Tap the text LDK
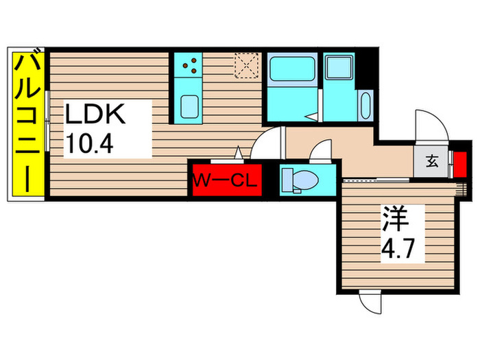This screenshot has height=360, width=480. (x=95, y=113)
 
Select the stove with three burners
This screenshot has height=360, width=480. (x=190, y=66)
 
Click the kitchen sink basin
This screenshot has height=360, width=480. (x=190, y=107)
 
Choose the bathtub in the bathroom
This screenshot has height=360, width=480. (x=289, y=70)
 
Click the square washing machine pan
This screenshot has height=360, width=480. (x=337, y=68)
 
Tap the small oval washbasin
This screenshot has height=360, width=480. (x=364, y=107)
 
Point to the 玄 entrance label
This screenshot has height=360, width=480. (x=432, y=162)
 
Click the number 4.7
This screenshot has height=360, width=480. (x=396, y=248)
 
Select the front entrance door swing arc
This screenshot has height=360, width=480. (x=431, y=128)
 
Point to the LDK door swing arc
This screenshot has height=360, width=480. (x=266, y=143)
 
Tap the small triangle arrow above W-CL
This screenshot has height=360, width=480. (x=238, y=152)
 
